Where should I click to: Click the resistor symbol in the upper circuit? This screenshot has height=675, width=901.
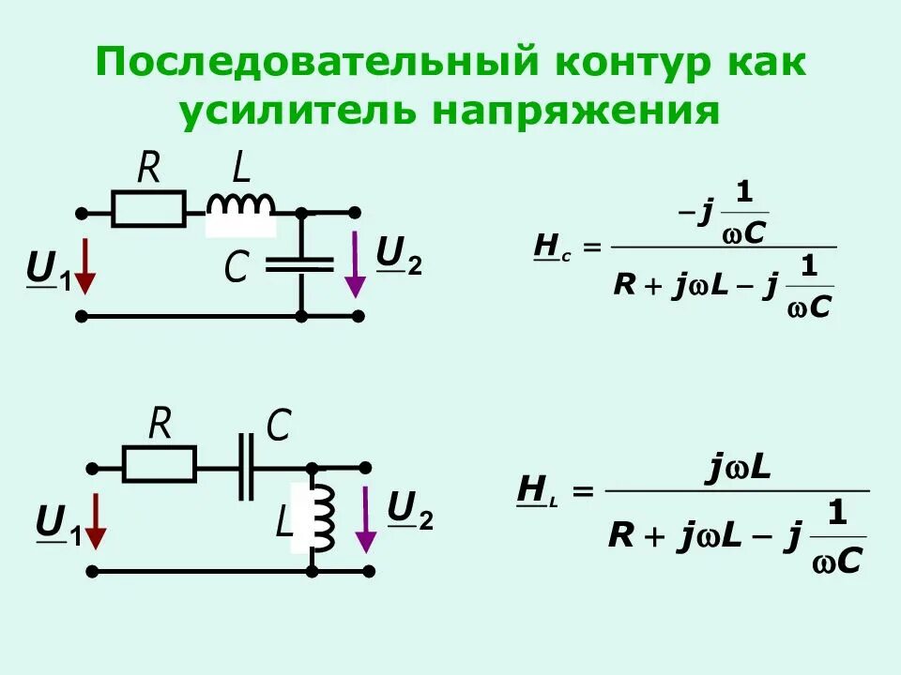point(148,209)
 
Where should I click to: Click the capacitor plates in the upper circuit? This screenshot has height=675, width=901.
point(300,263)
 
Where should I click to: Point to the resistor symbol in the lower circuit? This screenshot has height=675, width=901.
point(160,463)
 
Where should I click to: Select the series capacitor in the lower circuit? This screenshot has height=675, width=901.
point(246,466)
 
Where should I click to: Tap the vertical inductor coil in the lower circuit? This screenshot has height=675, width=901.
point(322,518)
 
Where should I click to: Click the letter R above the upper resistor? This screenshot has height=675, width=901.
point(148,170)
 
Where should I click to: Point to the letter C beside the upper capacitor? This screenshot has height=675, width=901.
point(235,270)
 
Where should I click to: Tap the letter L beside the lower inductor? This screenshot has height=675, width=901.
point(283,522)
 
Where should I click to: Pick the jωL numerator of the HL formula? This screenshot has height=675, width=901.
point(738,466)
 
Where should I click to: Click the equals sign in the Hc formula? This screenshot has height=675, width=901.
point(589,248)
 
